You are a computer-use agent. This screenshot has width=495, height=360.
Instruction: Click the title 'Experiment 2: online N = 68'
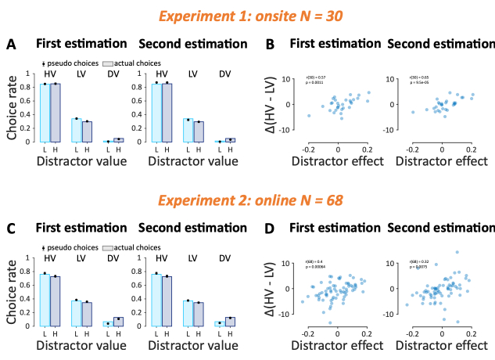coord(247,200)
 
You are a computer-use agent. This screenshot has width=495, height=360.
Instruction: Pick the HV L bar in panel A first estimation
coord(45,113)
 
